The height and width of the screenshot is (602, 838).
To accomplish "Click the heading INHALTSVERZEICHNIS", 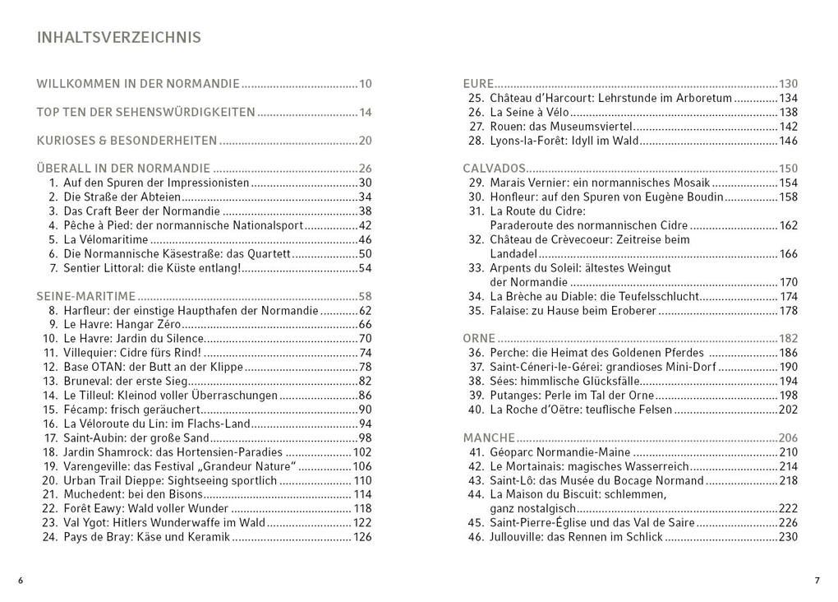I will click(119, 38).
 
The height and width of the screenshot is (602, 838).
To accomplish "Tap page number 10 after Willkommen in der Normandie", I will click(366, 84).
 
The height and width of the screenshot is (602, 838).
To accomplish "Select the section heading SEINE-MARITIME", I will click(86, 296).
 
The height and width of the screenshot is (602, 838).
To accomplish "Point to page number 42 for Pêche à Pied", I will click(366, 225).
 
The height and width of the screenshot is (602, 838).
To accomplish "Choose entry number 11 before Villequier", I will click(48, 353).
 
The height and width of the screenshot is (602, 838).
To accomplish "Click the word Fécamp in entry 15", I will click(83, 410).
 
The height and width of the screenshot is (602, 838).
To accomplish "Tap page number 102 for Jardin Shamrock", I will click(362, 452).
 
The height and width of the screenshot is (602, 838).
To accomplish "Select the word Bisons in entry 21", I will click(182, 494).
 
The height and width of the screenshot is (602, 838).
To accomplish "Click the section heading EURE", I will click(478, 84).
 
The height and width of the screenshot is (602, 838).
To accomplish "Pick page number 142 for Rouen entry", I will click(788, 127).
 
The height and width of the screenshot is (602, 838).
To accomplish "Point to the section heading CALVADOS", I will click(494, 169).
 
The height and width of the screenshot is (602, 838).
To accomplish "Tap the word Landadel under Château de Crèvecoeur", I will click(513, 254).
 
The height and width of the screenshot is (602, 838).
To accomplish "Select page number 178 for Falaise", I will click(788, 311).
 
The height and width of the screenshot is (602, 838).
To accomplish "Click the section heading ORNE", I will click(479, 339).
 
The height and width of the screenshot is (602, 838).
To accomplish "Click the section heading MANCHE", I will click(489, 438).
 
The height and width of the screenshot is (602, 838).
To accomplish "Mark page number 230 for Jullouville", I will click(788, 537).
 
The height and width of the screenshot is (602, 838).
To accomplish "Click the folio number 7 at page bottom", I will click(817, 581).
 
